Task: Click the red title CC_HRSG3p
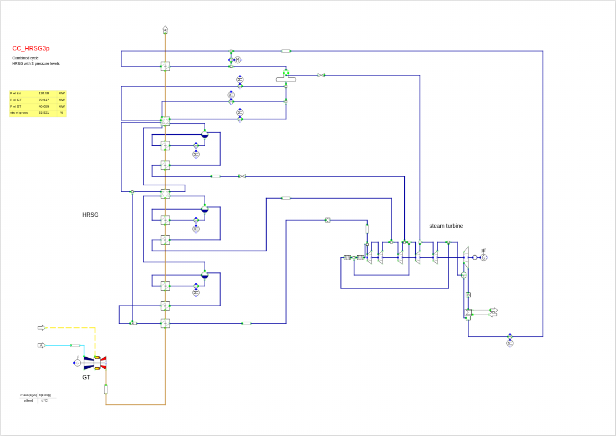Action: [31, 48]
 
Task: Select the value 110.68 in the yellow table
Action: [44, 93]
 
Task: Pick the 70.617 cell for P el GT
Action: [44, 100]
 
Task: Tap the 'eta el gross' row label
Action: [19, 113]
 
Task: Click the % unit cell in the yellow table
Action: [62, 113]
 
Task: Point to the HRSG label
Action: [90, 215]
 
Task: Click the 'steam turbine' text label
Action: [446, 226]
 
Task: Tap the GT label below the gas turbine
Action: [86, 377]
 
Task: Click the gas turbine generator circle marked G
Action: [78, 363]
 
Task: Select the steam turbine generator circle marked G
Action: [483, 257]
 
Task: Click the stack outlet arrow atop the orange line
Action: [165, 29]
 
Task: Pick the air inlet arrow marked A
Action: [41, 345]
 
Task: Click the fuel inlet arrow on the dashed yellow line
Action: [41, 327]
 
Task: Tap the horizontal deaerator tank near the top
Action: [286, 79]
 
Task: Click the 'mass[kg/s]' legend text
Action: [28, 395]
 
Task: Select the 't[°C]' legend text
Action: [45, 400]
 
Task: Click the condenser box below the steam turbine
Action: [468, 313]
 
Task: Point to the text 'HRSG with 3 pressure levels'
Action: [36, 63]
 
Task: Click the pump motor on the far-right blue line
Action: [510, 343]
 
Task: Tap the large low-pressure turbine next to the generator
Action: [466, 257]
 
